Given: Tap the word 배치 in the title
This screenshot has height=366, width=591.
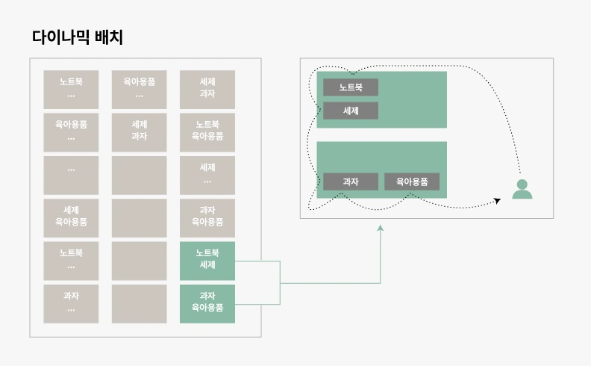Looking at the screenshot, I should pyautogui.click(x=108, y=37).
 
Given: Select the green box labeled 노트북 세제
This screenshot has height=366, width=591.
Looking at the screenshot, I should pyautogui.click(x=207, y=259).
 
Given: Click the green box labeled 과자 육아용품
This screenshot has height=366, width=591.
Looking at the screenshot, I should pyautogui.click(x=207, y=302).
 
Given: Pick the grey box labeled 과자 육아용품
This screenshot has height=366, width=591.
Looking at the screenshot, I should pyautogui.click(x=207, y=217).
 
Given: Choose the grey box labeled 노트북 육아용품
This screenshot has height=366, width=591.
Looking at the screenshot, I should pyautogui.click(x=207, y=131).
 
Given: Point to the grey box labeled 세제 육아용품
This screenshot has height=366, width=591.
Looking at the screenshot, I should pyautogui.click(x=71, y=217).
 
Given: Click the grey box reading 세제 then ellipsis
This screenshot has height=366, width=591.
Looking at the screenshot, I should pyautogui.click(x=207, y=174).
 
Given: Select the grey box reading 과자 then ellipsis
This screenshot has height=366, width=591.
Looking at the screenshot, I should pyautogui.click(x=71, y=302).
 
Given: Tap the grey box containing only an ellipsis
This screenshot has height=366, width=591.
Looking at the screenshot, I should pyautogui.click(x=71, y=174).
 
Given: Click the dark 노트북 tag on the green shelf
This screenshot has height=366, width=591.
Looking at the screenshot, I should pyautogui.click(x=351, y=87).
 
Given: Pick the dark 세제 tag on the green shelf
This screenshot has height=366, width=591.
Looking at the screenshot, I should pyautogui.click(x=351, y=111).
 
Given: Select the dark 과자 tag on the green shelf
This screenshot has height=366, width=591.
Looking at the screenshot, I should pyautogui.click(x=351, y=182).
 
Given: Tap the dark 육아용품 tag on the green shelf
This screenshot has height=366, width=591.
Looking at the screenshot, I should pyautogui.click(x=412, y=182).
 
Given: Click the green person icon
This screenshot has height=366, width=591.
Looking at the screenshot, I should pyautogui.click(x=522, y=190).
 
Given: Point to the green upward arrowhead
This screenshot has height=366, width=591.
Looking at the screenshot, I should pyautogui.click(x=380, y=229).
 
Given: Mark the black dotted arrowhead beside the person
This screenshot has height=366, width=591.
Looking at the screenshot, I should pyautogui.click(x=497, y=200).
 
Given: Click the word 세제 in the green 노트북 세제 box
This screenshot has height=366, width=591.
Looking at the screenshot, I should pyautogui.click(x=207, y=265).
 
